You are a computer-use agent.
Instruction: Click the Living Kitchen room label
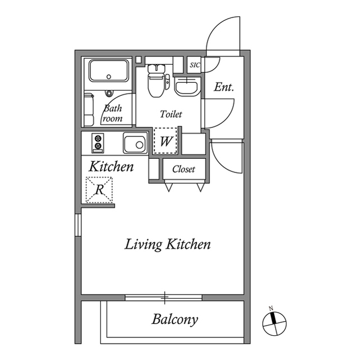pyautogui.click(x=168, y=245)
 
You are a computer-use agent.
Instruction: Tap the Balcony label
pyautogui.click(x=175, y=320)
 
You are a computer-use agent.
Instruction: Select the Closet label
pyautogui.click(x=183, y=169)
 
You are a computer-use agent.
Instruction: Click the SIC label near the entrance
pyautogui.click(x=195, y=65)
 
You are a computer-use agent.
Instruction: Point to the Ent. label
pyautogui.click(x=224, y=87)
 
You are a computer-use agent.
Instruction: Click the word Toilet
pyautogui.click(x=171, y=114)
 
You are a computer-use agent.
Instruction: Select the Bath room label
pyautogui.click(x=112, y=113)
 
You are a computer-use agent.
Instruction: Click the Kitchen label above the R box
pyautogui.click(x=112, y=167)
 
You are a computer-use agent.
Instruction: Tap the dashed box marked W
pyautogui.click(x=166, y=141)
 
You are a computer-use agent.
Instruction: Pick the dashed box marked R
pyautogui.click(x=99, y=190)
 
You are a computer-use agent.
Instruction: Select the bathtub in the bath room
pyautogui.click(x=108, y=72)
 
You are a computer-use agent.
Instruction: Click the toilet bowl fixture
pyautogui.click(x=155, y=82)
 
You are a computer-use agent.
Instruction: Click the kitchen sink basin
pyautogui.click(x=135, y=144)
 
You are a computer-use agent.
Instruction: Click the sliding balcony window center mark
pyautogui.click(x=165, y=296)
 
